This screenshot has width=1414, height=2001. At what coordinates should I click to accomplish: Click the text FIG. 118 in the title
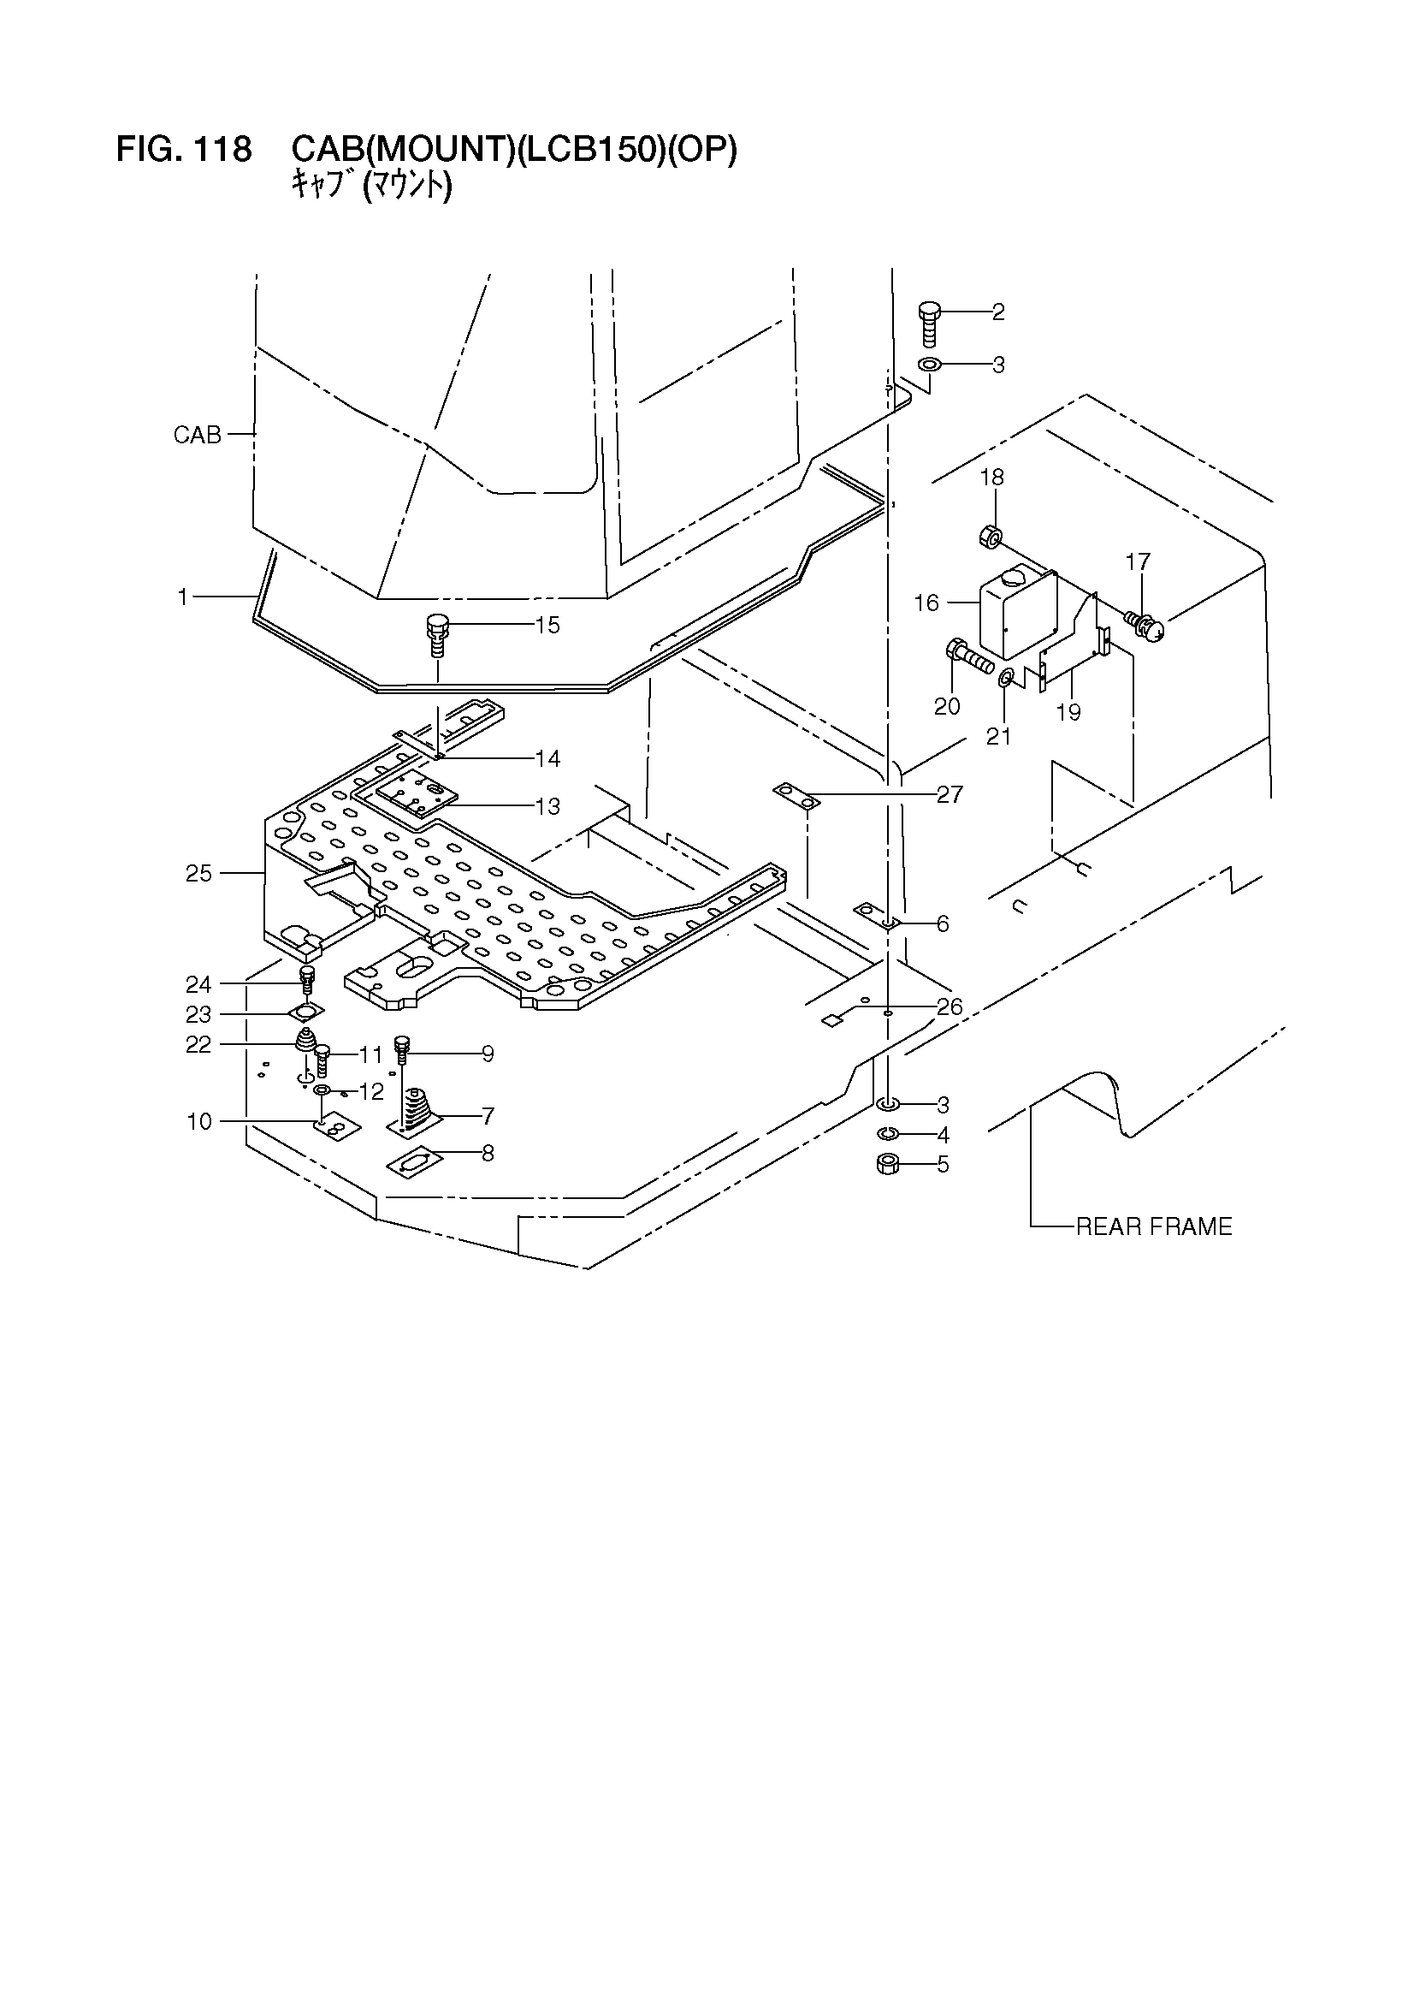point(184,150)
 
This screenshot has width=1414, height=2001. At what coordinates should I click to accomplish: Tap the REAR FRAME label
point(1153,1227)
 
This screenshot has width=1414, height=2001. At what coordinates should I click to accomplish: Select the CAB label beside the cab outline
point(197,435)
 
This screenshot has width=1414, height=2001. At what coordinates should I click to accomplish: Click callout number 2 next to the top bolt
point(998,312)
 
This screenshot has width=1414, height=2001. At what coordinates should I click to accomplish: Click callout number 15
point(547,625)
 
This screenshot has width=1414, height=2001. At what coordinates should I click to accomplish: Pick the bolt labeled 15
point(436,637)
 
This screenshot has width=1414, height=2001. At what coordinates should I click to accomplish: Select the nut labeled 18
point(990,536)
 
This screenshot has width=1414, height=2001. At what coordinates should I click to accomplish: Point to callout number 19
point(1068,712)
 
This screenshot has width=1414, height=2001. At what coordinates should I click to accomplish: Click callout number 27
point(949,794)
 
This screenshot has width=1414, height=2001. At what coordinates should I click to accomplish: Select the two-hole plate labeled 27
point(797,797)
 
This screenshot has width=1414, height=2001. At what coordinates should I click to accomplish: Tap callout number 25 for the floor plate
point(198,872)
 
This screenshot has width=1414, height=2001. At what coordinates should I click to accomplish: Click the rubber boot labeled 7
point(417,1111)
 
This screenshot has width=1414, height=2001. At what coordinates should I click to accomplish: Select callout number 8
point(488,1153)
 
